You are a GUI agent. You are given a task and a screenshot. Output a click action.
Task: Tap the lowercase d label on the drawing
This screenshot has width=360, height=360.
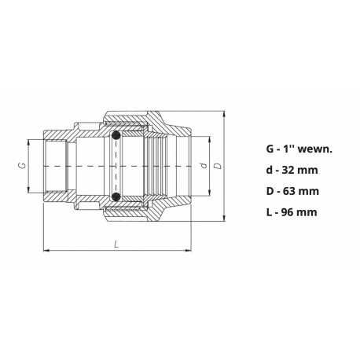[x=204, y=167]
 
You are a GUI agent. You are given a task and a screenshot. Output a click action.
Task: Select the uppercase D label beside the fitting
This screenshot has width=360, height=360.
[x=219, y=167]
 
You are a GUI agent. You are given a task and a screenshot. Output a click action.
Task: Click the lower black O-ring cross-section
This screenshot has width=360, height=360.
[x=117, y=196]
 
